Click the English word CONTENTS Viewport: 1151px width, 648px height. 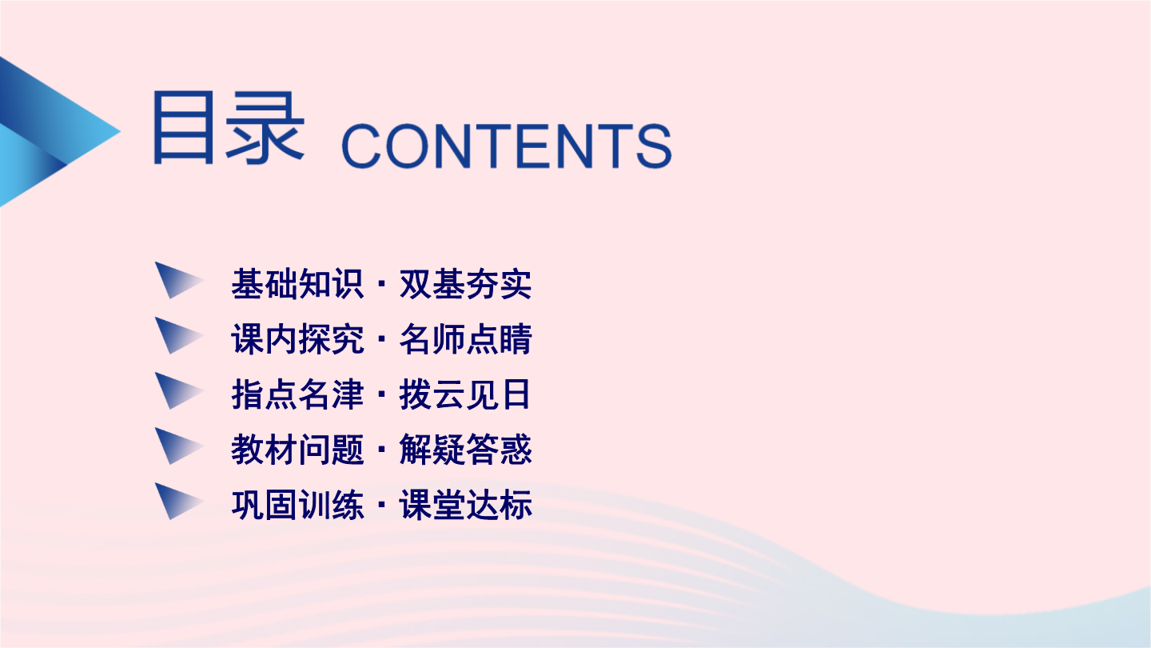[506, 146]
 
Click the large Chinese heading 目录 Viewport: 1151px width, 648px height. [229, 128]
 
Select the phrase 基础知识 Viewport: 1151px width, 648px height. [297, 284]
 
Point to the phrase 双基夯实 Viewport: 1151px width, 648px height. [465, 284]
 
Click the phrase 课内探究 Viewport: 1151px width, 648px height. [297, 339]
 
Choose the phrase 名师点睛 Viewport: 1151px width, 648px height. [465, 339]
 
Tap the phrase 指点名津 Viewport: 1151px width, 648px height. [297, 394]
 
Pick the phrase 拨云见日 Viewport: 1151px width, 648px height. [465, 394]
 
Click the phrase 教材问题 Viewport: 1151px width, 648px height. [297, 450]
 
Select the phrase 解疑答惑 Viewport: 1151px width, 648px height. [465, 450]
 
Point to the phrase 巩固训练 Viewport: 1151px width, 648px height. [297, 505]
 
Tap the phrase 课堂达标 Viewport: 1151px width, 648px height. [465, 505]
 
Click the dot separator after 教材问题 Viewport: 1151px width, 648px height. [381, 450]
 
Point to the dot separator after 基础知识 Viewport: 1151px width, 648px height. [381, 284]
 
